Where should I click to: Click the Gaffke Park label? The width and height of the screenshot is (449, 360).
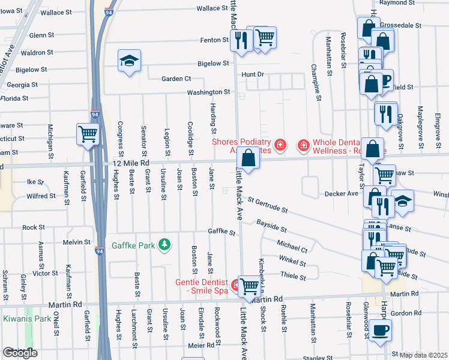pos(133,246)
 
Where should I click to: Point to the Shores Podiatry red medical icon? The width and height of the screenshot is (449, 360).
pos(280,145)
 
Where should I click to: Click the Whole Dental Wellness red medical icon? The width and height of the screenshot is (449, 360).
pos(304,145)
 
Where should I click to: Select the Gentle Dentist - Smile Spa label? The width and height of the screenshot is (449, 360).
pos(202,287)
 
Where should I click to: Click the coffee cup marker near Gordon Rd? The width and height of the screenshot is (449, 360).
pos(379,330)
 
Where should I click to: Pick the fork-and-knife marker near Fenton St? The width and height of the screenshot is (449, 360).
pos(241,40)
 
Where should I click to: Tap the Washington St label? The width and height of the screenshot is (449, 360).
pos(208,92)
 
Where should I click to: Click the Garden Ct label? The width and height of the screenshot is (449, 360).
pos(176,79)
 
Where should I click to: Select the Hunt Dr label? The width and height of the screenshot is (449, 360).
pos(252,74)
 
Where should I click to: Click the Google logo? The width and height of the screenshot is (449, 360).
pos(20,353)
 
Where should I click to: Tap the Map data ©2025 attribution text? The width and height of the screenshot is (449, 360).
pos(423,355)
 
